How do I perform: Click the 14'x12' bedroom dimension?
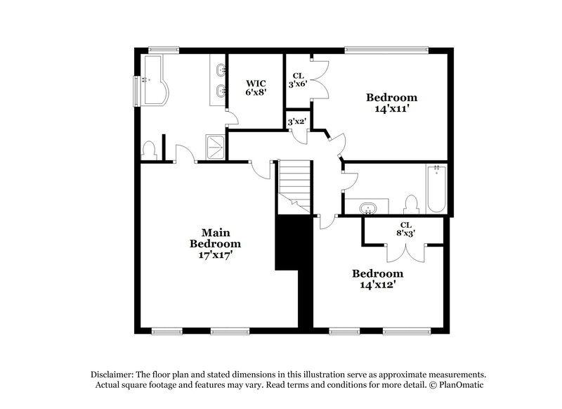(378, 285)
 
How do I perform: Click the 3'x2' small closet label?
(296, 121)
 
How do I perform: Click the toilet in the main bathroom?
(149, 150)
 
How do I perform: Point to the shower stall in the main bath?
(214, 145)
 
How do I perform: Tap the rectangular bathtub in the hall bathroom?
(436, 188)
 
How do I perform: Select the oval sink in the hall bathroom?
(367, 209)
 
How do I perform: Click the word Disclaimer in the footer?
(115, 375)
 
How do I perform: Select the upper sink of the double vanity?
(222, 70)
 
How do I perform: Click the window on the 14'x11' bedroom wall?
(386, 48)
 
